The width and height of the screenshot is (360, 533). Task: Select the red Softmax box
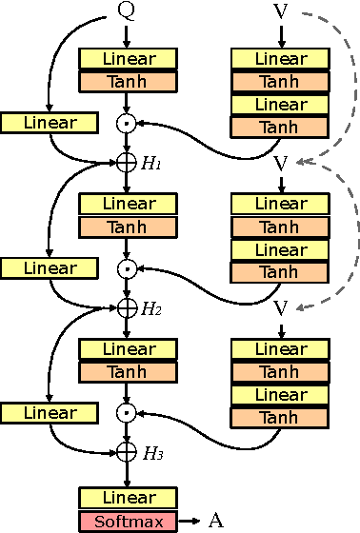[127, 521]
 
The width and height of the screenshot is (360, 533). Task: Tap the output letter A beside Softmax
[215, 521]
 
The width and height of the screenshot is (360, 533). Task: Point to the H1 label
[152, 163]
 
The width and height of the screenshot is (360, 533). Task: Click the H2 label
[152, 308]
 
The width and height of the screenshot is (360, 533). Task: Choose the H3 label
[152, 453]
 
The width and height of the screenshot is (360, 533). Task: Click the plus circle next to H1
[127, 163]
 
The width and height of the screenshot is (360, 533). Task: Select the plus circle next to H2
[127, 307]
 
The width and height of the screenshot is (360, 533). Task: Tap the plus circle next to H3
[127, 452]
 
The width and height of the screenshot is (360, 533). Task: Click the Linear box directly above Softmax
[127, 498]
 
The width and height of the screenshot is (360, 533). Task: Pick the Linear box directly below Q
[127, 59]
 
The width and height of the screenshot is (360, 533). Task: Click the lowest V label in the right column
[281, 307]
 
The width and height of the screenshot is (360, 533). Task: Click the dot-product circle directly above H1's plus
[127, 124]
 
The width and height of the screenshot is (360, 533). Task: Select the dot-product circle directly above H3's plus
[127, 413]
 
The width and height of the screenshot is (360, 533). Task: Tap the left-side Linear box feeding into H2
[50, 268]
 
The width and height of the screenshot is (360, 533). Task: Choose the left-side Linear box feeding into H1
[50, 123]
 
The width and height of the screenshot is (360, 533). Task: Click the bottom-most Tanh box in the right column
[280, 417]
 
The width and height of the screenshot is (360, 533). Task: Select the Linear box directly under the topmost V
[280, 59]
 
